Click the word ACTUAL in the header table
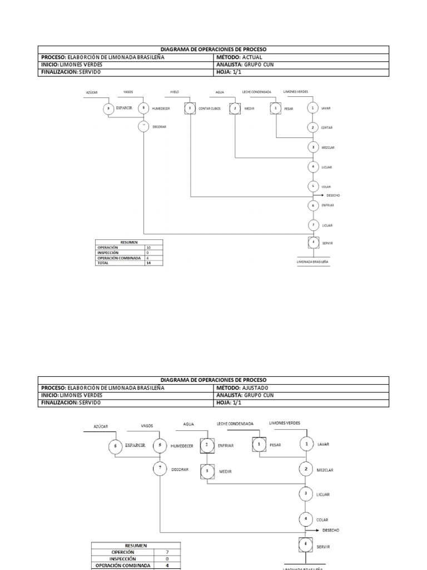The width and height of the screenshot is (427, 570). [253, 57]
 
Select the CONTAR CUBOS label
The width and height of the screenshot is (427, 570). [210, 109]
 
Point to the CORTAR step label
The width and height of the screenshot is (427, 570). [326, 128]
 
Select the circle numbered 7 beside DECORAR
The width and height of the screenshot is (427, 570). [160, 469]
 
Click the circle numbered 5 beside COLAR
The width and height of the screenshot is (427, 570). [313, 186]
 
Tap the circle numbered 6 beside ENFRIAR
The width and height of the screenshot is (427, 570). [313, 205]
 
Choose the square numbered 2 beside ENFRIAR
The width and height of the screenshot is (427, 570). [207, 445]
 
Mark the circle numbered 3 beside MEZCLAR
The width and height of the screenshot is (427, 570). [313, 147]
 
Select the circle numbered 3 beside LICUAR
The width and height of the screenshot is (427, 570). [306, 494]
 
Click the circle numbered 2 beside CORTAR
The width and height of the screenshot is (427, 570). [313, 127]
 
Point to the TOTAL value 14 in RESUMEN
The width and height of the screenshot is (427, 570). [148, 263]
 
